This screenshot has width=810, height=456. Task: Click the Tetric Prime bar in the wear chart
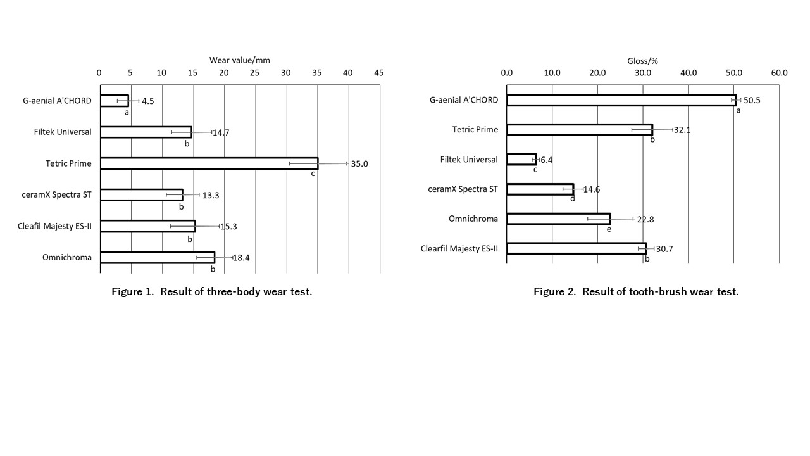[x=209, y=163]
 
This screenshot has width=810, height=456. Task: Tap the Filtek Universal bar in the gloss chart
[x=521, y=159]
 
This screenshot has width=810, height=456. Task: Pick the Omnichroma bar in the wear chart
[x=158, y=257]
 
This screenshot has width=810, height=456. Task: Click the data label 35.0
[x=359, y=164]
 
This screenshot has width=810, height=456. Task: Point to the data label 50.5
[x=752, y=100]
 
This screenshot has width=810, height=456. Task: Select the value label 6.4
[x=546, y=160]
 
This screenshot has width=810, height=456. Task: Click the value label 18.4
[x=242, y=258]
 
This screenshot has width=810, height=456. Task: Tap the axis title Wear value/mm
[x=240, y=60]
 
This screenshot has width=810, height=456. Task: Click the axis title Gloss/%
[x=643, y=61]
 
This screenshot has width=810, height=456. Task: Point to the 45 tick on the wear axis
[x=379, y=73]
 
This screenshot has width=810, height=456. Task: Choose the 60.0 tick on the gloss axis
[x=779, y=73]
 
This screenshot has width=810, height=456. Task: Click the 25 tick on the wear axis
[x=254, y=73]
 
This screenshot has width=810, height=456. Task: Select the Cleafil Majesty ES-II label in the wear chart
[x=54, y=226]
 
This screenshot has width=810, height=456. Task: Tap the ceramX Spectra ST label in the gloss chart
[x=464, y=189]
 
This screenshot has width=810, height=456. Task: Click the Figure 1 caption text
[x=212, y=291]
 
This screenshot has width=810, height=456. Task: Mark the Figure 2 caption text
[x=636, y=291]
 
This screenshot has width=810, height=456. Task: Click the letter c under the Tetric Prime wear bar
[x=313, y=174]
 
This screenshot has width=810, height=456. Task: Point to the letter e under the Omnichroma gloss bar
[x=609, y=229]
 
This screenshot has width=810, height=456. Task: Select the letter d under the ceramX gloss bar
[x=572, y=199]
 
